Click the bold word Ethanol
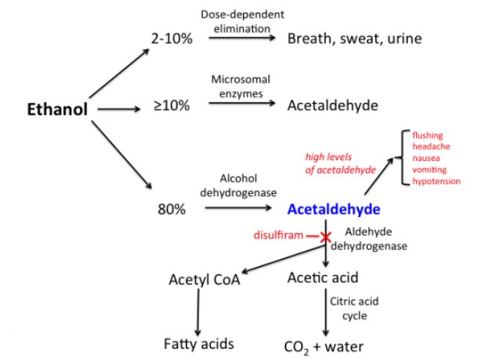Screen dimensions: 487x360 point(57,110)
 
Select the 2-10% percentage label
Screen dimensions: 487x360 point(172,39)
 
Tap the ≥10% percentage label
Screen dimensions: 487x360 point(172,106)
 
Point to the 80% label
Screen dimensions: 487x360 point(172,209)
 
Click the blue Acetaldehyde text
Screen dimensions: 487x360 point(334,209)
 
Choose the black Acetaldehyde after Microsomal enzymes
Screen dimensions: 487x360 point(333,106)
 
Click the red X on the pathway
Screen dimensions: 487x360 point(325,238)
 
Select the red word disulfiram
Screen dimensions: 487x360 point(278,235)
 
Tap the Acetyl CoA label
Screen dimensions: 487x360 point(204,280)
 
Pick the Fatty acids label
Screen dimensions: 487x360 point(199,344)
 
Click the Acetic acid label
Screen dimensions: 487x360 point(323,277)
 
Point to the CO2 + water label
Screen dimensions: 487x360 point(324,347)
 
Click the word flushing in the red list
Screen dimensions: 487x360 point(427,136)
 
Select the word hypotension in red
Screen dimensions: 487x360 point(436,181)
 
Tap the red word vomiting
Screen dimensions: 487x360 point(430,169)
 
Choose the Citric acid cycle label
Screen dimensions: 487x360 point(354,309)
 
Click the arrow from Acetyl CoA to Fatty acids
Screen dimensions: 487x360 point(198,312)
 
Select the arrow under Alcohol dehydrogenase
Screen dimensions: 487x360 point(238,208)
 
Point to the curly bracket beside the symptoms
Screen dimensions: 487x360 point(403,158)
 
